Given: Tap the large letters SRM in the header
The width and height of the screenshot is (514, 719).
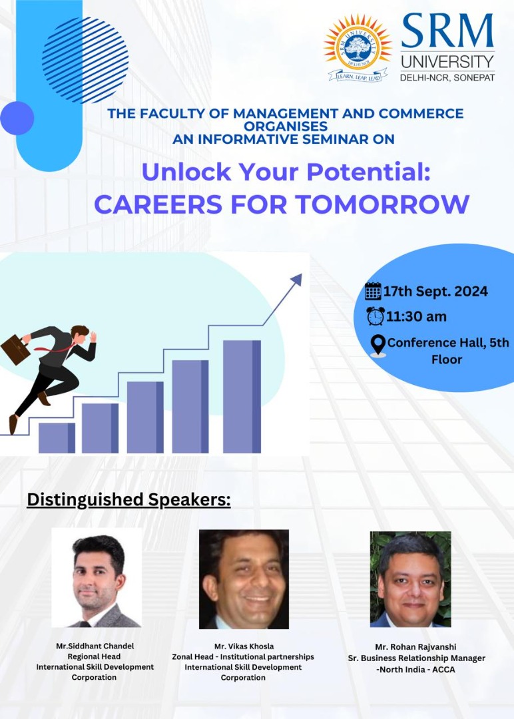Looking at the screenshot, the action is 447,31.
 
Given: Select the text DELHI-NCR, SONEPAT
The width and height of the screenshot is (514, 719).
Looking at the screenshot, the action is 447,77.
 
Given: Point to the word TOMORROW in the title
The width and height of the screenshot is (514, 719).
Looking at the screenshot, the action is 382,204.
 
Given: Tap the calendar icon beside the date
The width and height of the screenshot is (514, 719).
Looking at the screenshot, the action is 373,291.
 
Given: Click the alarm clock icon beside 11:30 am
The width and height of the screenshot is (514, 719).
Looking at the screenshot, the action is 376,316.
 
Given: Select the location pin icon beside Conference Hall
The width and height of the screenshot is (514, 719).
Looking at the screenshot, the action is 378,346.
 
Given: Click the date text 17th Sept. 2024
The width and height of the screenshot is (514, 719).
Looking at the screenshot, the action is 435,291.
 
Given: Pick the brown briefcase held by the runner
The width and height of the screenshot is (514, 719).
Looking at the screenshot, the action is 15,350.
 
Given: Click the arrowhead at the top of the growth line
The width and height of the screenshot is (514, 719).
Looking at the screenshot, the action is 296,279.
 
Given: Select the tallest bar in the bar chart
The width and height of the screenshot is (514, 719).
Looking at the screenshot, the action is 242,397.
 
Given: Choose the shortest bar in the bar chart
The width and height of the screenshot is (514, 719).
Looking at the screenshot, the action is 57,438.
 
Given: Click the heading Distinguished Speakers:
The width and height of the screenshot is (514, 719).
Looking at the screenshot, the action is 129,500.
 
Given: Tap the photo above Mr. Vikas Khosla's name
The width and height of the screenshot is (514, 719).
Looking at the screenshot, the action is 244,579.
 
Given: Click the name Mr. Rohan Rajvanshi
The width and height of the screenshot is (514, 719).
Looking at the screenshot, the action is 415,647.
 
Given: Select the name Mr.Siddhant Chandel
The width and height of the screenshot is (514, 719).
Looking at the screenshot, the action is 95,646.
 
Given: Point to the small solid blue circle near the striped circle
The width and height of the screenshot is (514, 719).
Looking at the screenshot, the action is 17,119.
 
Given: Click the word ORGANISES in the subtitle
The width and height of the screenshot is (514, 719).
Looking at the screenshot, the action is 285,126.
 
